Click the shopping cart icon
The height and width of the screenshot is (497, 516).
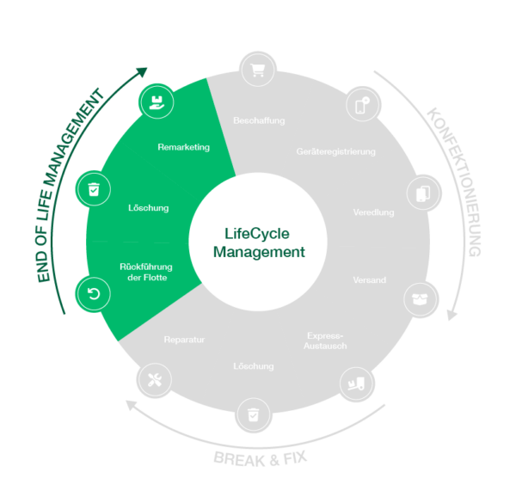click(x=255, y=70)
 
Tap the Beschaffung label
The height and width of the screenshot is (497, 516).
click(x=258, y=120)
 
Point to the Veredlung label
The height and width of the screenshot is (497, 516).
click(x=373, y=212)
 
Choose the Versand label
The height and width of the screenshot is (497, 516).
click(x=370, y=280)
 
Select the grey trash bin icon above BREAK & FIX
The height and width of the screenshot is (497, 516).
click(x=252, y=415)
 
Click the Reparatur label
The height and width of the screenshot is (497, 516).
click(x=184, y=340)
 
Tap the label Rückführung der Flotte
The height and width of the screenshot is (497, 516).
click(x=143, y=272)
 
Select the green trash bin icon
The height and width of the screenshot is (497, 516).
click(x=93, y=189)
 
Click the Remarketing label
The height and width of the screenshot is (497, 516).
click(x=183, y=147)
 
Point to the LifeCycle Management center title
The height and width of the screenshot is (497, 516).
click(x=258, y=242)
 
